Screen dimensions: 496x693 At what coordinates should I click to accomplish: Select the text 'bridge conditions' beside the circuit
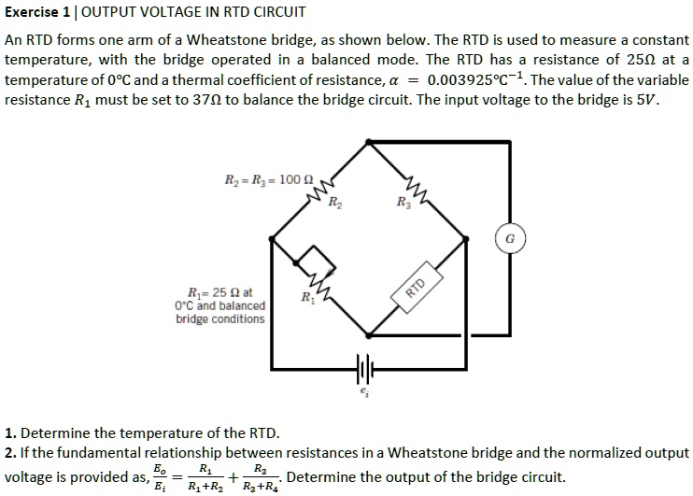pyautogui.click(x=220, y=319)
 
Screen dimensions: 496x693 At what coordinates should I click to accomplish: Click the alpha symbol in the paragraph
pyautogui.click(x=398, y=81)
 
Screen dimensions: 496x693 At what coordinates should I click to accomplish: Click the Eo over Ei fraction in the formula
pyautogui.click(x=161, y=478)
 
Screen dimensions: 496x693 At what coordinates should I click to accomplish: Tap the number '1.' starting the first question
pyautogui.click(x=10, y=433)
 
